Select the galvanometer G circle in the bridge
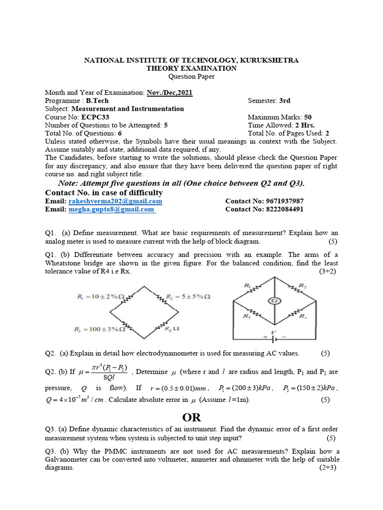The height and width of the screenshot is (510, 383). point(273,301)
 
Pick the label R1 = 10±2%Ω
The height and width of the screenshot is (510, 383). point(100,297)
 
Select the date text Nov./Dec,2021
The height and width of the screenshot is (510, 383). point(169,93)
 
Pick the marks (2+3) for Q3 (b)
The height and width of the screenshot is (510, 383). point(328,468)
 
